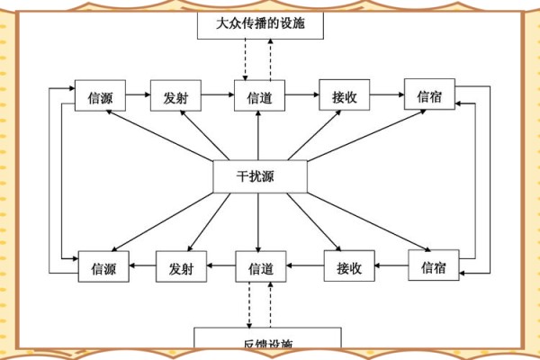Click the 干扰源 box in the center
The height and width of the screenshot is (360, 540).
260,176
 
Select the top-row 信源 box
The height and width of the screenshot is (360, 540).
99,95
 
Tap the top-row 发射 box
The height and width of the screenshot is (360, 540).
175,95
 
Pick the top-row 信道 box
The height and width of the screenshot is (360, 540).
259,96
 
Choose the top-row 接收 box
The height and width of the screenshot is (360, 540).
345,95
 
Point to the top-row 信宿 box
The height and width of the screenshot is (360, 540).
429,94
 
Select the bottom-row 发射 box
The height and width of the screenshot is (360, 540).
182,266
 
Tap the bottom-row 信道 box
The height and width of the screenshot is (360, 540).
261,266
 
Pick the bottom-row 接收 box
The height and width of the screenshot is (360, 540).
349,266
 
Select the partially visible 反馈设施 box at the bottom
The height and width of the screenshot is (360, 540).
268,342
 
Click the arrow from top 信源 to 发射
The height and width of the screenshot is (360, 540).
137,94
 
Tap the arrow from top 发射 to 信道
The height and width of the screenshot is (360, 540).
217,94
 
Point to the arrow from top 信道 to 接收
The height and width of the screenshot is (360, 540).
301,94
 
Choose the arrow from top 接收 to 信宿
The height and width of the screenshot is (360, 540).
387,94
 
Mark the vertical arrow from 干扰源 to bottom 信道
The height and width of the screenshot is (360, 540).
258,221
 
